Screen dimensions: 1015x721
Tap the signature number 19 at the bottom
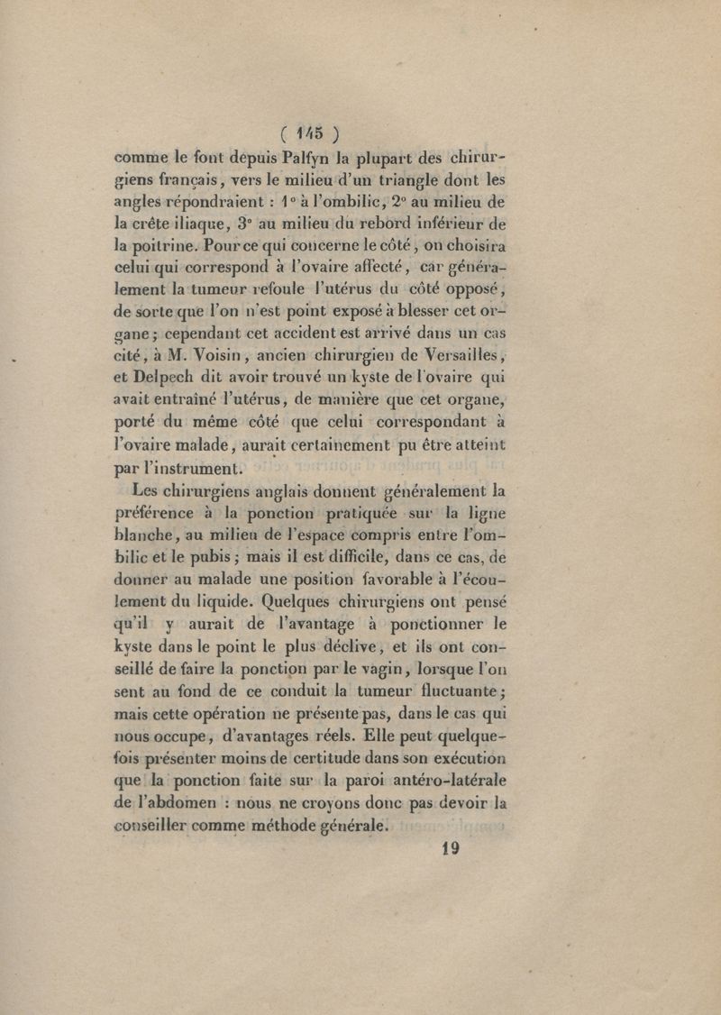(447, 848)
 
